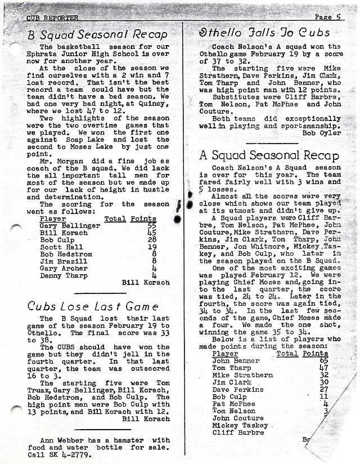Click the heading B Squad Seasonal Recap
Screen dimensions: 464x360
click(x=97, y=34)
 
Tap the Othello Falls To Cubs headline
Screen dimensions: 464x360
click(x=261, y=32)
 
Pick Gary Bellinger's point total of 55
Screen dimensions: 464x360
click(x=151, y=226)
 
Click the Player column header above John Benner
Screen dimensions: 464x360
click(x=225, y=354)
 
